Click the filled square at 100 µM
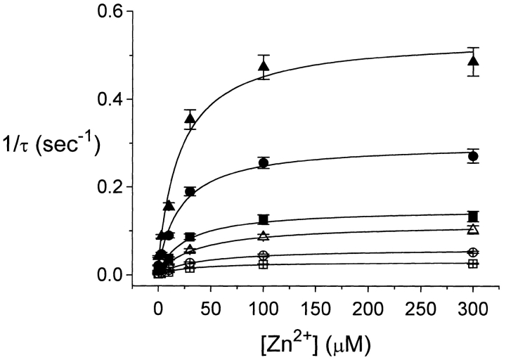pos(264,219)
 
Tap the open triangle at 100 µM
pos(264,236)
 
